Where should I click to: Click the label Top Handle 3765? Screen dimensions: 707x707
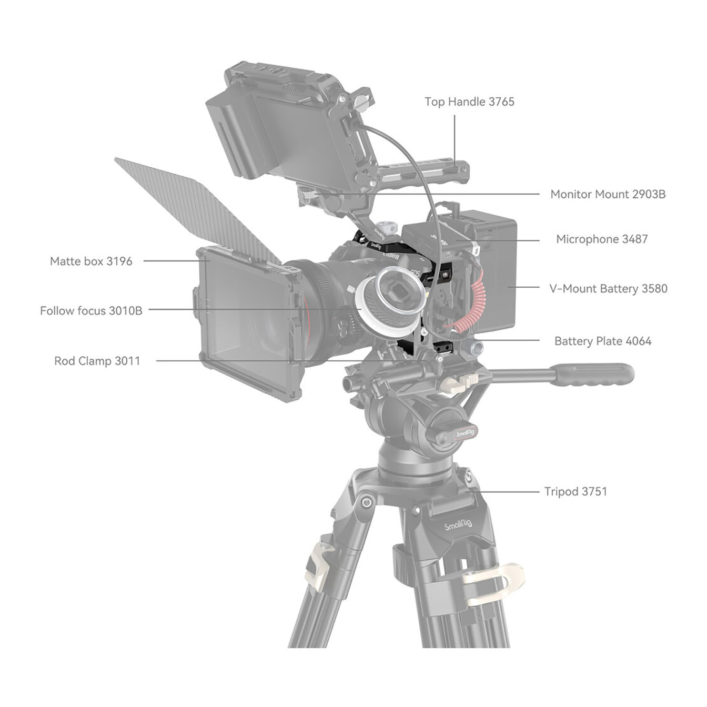pos(469,102)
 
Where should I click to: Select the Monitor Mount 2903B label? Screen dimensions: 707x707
pos(608,194)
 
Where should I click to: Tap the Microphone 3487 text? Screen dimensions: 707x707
pos(602,239)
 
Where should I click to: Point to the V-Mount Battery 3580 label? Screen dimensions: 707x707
pos(608,289)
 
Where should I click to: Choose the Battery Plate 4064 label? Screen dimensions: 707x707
pos(603,341)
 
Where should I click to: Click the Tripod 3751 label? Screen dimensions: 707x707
pos(575,491)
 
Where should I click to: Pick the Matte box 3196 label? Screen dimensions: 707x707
pos(91,261)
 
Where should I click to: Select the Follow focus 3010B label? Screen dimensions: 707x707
pos(91,311)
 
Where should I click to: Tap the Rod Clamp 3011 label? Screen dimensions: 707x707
pos(97,361)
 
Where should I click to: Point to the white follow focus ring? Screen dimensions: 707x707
pos(388,301)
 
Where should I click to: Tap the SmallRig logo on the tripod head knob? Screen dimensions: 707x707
pos(466,433)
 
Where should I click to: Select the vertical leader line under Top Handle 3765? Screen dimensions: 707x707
pos(454,140)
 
